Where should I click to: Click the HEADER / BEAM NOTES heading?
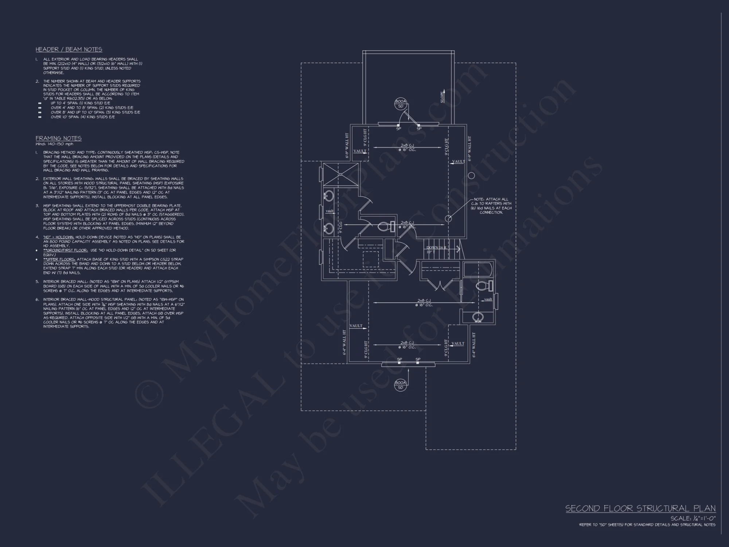[69, 50]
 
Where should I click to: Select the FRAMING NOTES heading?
[58, 138]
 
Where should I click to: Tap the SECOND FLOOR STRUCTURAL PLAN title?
[640, 509]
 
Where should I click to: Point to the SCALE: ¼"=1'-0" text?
[693, 518]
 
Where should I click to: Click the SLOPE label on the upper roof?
[443, 97]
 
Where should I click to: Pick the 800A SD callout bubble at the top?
[400, 104]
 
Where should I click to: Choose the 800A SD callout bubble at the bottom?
[400, 385]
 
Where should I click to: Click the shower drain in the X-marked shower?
[340, 174]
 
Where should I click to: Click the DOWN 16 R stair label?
[436, 248]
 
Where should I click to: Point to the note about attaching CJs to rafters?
[492, 206]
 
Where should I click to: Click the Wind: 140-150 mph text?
[54, 144]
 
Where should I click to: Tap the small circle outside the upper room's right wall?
[471, 176]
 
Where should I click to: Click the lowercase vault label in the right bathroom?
[488, 299]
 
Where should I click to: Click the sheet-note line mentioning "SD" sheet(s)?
[647, 525]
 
